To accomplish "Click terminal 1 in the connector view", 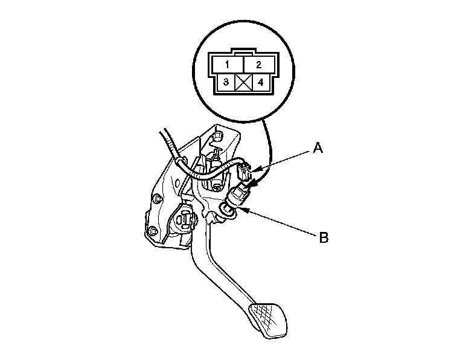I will [x=225, y=63].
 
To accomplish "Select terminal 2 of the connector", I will [x=258, y=63].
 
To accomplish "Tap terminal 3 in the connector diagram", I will [x=225, y=82].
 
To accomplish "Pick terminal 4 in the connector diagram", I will [x=260, y=82].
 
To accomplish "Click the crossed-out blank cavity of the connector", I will [x=241, y=82].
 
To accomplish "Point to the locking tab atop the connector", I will [x=241, y=52].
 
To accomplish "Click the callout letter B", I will [x=324, y=237].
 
